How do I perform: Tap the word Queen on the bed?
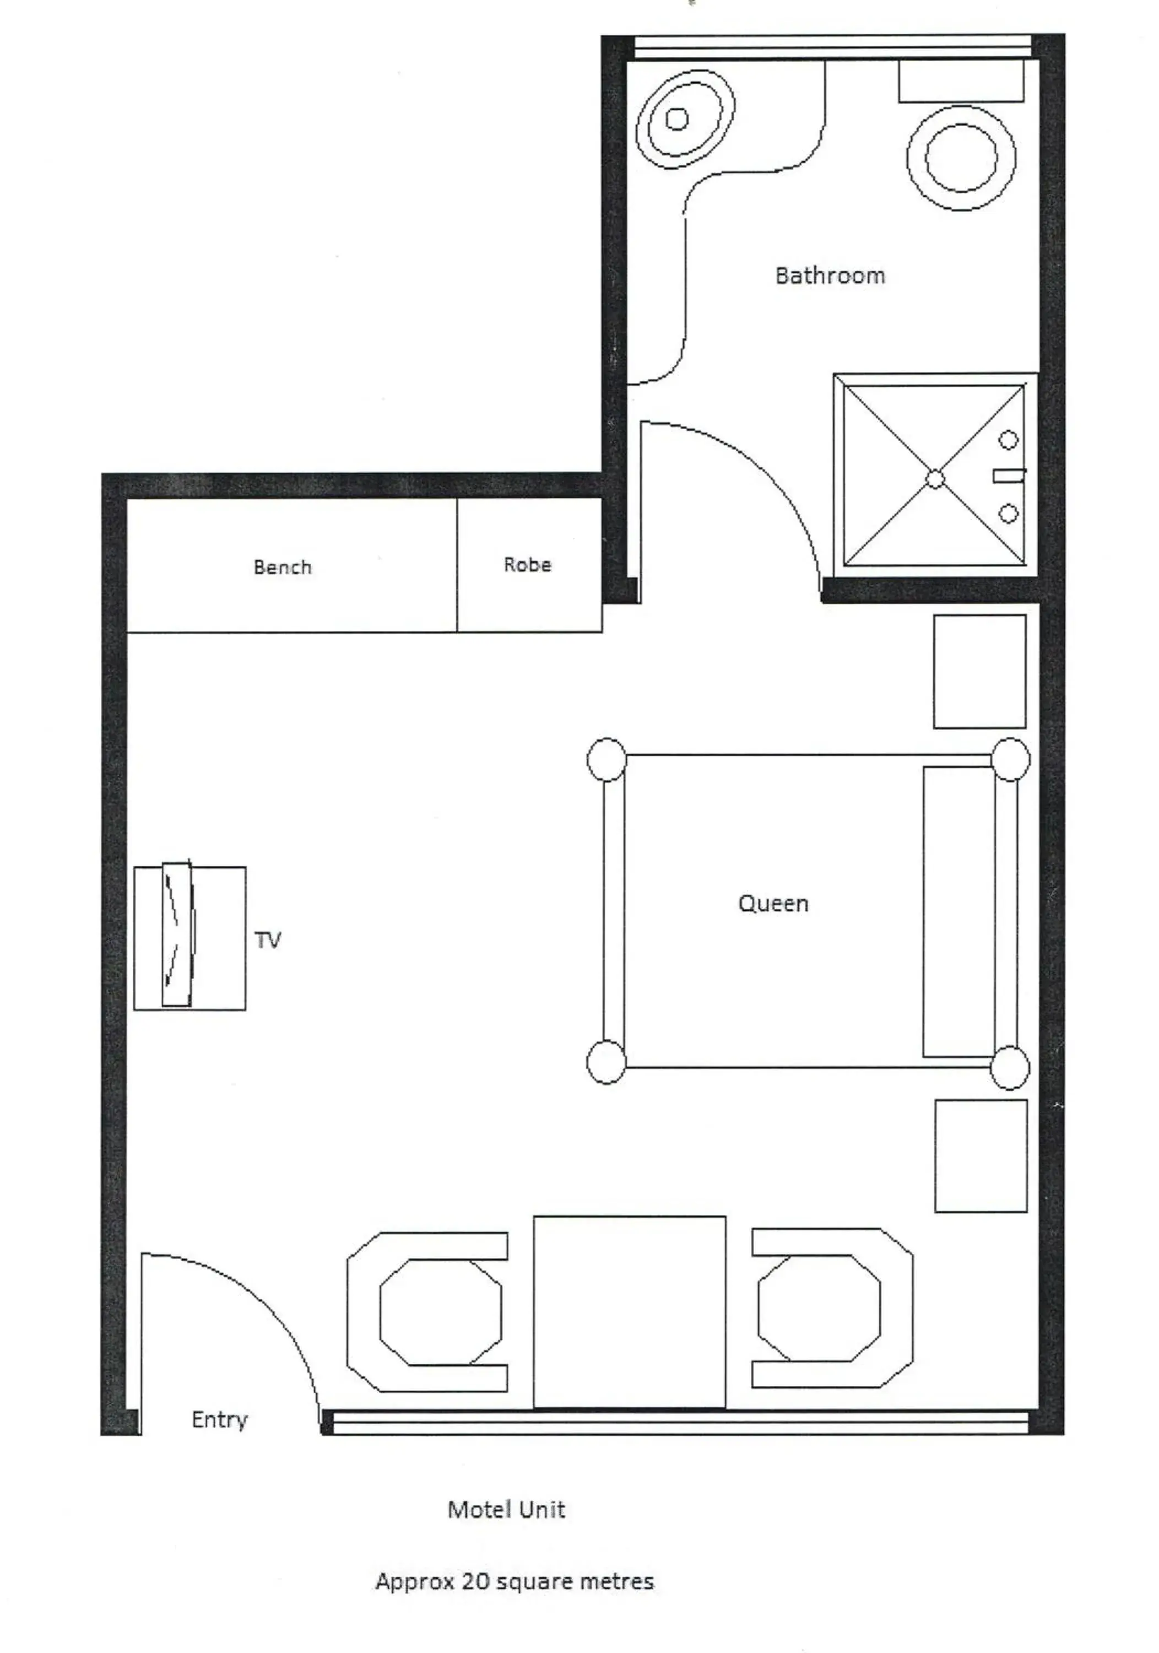pyautogui.click(x=773, y=904)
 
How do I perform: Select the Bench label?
pyautogui.click(x=282, y=568)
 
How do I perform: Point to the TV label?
pyautogui.click(x=267, y=940)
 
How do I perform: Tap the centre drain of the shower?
pyautogui.click(x=934, y=479)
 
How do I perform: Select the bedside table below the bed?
pyautogui.click(x=981, y=1156)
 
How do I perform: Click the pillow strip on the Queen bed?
pyautogui.click(x=959, y=912)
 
